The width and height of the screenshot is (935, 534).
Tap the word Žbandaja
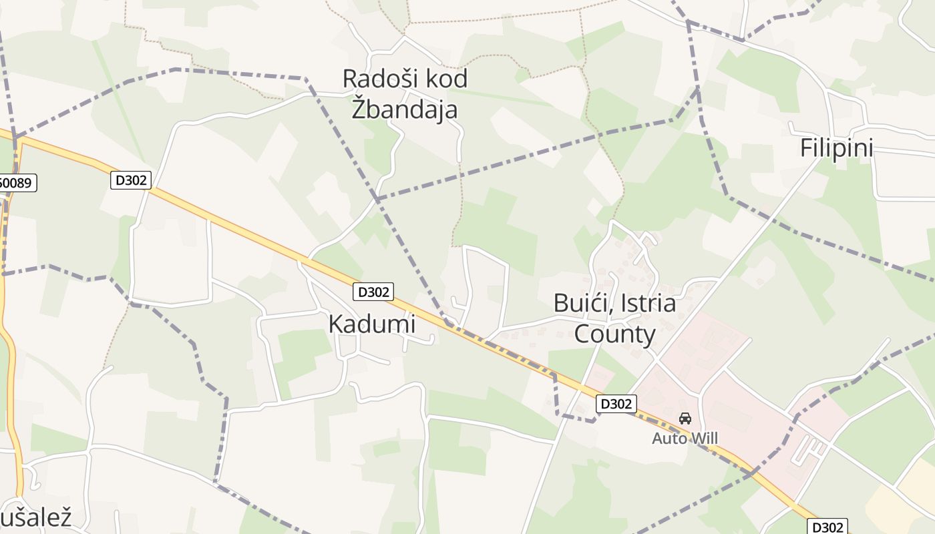405,108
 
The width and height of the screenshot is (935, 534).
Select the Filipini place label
836,148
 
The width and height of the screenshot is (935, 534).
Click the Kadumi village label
371,324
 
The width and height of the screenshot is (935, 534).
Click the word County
614,334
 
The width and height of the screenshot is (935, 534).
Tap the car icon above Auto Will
685,419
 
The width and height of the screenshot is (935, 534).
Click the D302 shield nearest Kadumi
373,292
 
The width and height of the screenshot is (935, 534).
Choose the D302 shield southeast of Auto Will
829,527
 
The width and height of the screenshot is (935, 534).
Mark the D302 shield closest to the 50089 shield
131,180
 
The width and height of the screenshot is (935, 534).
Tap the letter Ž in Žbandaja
359,108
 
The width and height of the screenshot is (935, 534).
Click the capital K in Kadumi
335,324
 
